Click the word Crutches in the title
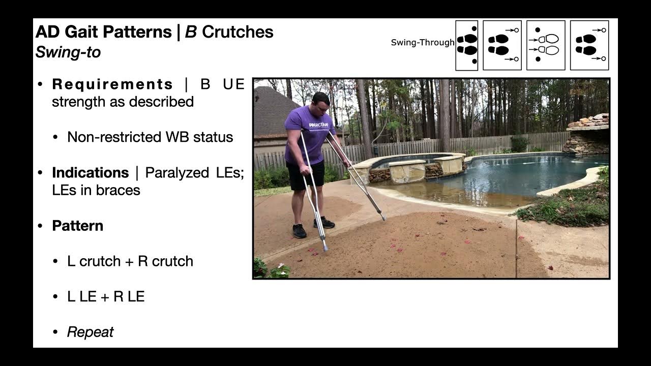(238, 32)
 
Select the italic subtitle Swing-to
(68, 52)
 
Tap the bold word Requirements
(112, 84)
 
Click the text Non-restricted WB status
(150, 137)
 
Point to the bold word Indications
(90, 173)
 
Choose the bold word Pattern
(77, 226)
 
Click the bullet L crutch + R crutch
(130, 261)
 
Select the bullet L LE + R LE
(106, 297)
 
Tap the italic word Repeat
(90, 332)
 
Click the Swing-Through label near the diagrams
(422, 43)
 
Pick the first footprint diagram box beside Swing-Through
(466, 45)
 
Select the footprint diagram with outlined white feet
(546, 45)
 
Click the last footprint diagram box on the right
(589, 45)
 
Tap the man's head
(321, 101)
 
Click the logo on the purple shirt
(318, 125)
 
